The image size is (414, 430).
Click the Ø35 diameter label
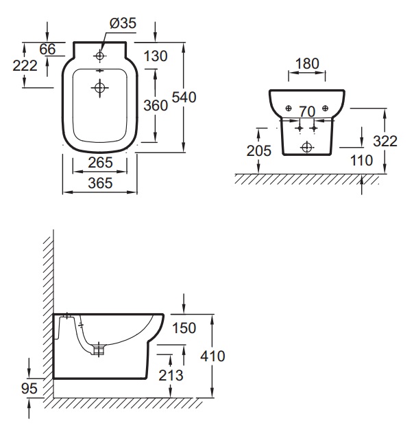[x=123, y=23]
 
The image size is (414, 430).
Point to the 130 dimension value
[x=156, y=56]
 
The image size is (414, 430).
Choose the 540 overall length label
[x=184, y=98]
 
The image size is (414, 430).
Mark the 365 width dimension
[x=99, y=183]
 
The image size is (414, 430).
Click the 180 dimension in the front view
[x=306, y=63]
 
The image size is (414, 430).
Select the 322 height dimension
[x=385, y=142]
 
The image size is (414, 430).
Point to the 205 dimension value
[x=258, y=151]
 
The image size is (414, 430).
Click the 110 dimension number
[x=361, y=160]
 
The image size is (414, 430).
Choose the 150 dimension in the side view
[x=184, y=328]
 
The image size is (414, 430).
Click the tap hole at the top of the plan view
[x=99, y=55]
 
